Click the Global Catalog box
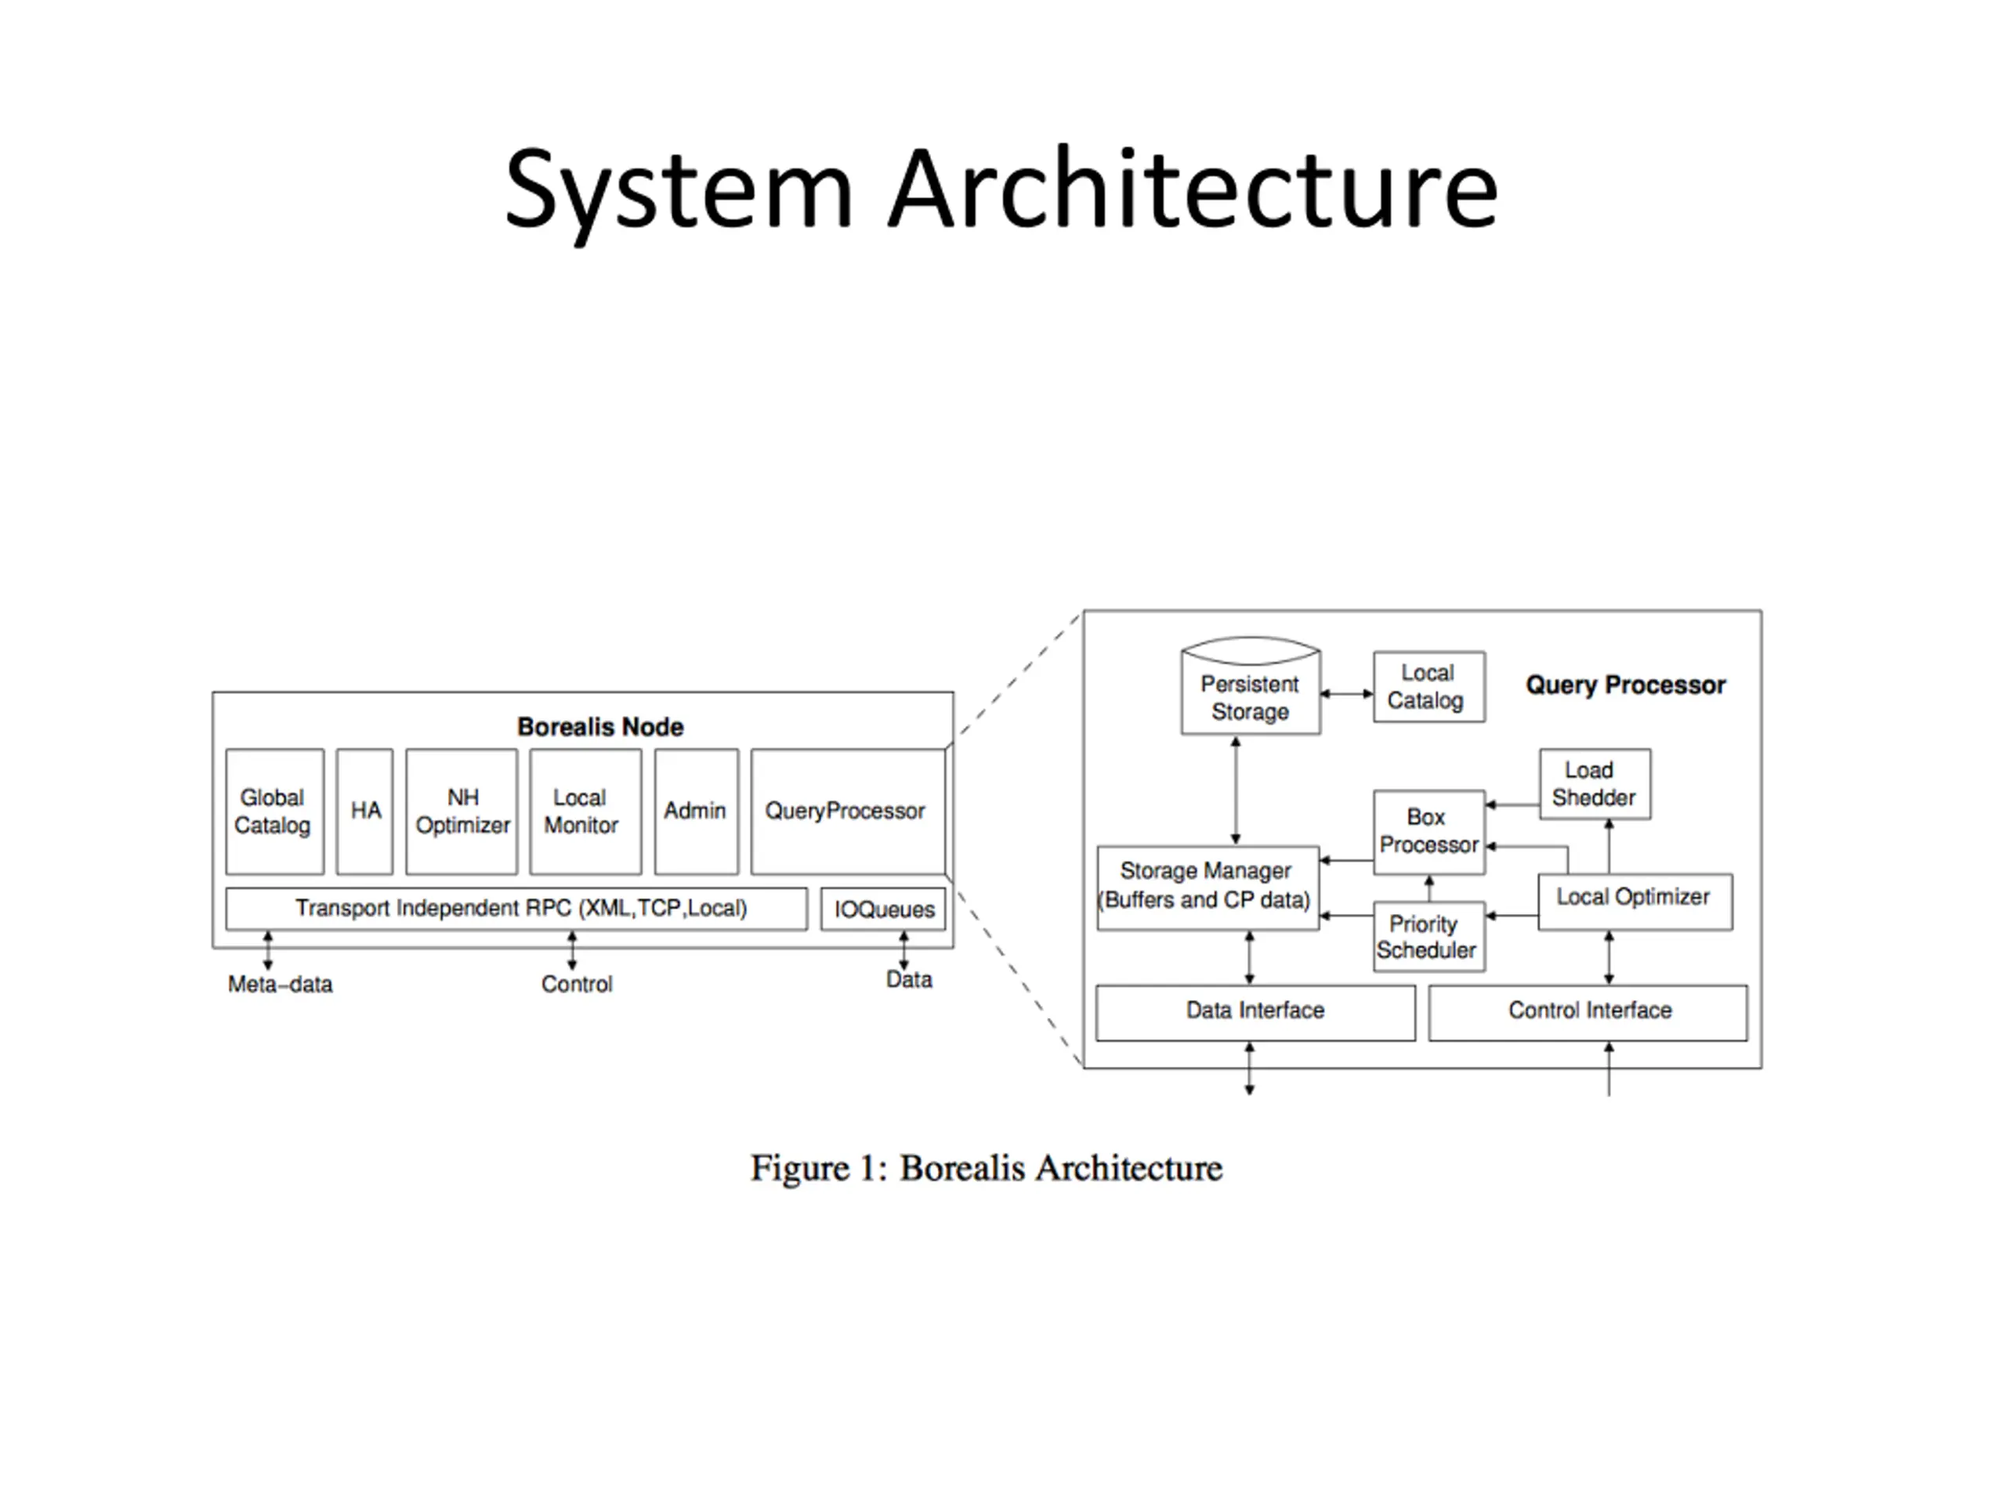pos(275,812)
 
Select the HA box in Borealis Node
pos(364,812)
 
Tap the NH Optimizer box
pos(462,812)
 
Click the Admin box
pos(697,812)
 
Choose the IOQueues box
pos(883,909)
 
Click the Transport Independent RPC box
pos(517,909)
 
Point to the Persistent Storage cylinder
pos(1251,685)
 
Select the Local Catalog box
pos(1429,686)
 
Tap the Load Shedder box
pos(1595,784)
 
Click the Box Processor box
pos(1429,832)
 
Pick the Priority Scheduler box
pos(1429,937)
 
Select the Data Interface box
pos(1256,1013)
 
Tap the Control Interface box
pos(1588,1013)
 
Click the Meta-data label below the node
pos(281,985)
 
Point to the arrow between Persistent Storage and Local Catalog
pos(1348,693)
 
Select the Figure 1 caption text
pos(987,1169)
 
